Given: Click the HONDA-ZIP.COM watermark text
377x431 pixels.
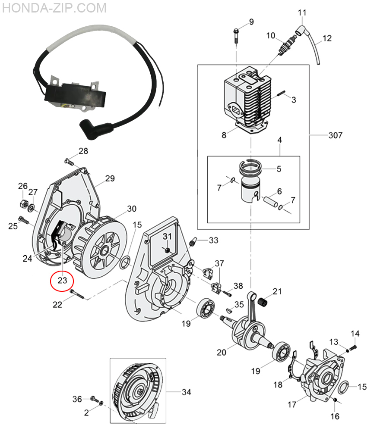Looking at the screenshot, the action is pyautogui.click(x=54, y=8).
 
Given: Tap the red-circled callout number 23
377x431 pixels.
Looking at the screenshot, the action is pyautogui.click(x=62, y=280).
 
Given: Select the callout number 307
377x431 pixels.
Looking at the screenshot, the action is pyautogui.click(x=335, y=135).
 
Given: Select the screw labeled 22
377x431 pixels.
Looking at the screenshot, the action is pyautogui.click(x=76, y=294).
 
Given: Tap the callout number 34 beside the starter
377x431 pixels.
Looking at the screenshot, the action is pyautogui.click(x=186, y=392).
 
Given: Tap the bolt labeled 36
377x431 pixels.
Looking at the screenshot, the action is pyautogui.click(x=93, y=398).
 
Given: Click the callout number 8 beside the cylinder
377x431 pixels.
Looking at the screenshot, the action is pyautogui.click(x=224, y=135).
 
